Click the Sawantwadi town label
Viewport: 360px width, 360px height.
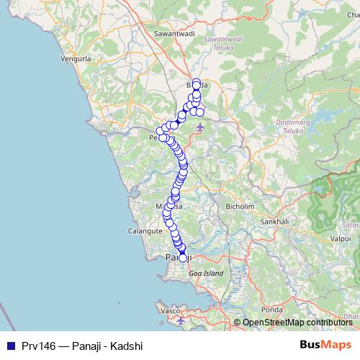point(176,33)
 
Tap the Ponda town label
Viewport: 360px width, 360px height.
point(271,310)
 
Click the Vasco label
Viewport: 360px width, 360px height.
point(170,310)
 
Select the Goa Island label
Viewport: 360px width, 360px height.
point(205,274)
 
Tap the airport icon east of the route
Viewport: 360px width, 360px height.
point(199,127)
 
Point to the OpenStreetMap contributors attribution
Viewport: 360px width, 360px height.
point(297,323)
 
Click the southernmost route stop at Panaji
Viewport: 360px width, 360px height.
point(183,258)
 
